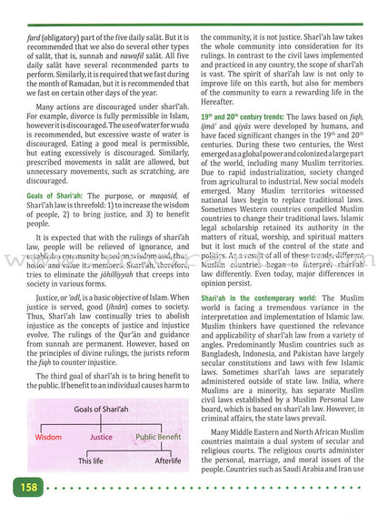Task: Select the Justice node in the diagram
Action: click(101, 436)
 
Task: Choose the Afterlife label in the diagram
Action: click(164, 462)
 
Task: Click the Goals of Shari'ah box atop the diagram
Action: click(101, 411)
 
